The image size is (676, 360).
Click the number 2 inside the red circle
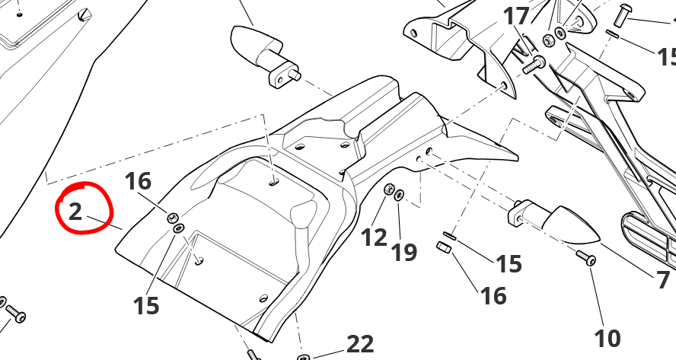[x=75, y=212]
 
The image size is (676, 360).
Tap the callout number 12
[x=374, y=237]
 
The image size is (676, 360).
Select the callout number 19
[x=404, y=252]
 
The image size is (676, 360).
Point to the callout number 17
[x=516, y=17]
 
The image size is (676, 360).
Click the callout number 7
[x=664, y=279]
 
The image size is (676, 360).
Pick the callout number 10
[x=607, y=338]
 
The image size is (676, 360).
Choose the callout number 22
[x=360, y=344]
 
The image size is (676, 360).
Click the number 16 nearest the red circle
[x=138, y=181]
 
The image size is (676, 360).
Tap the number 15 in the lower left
[x=146, y=306]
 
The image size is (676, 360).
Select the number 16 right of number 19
[x=493, y=296]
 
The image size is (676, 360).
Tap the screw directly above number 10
[x=587, y=258]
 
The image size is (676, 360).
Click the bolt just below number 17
[x=534, y=65]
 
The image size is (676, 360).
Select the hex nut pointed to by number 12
[x=388, y=189]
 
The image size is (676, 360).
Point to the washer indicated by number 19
[x=399, y=194]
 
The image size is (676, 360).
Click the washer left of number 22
[x=304, y=358]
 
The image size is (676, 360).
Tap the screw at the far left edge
[x=15, y=314]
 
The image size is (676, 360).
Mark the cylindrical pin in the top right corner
[x=623, y=12]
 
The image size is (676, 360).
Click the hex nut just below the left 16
[x=174, y=218]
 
